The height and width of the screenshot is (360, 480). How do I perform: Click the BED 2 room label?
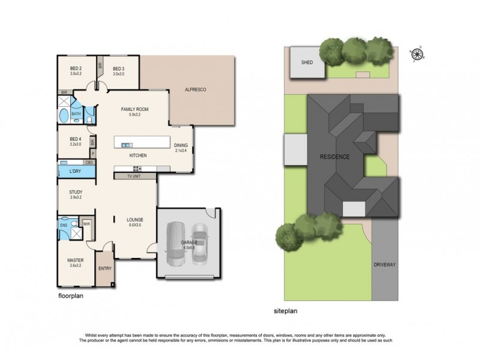click(76, 68)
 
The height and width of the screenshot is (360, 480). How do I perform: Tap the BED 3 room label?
click(118, 68)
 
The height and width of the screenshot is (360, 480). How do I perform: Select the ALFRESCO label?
click(196, 89)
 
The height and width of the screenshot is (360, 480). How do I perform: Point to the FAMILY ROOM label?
click(134, 109)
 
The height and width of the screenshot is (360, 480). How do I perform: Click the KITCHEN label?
click(138, 155)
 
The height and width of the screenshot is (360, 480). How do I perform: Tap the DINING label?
click(181, 145)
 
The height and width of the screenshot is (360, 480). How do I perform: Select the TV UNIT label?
click(134, 177)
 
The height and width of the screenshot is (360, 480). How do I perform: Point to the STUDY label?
click(76, 193)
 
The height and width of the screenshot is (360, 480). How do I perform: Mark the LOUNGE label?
click(134, 220)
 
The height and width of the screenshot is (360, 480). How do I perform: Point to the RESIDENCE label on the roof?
click(334, 157)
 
